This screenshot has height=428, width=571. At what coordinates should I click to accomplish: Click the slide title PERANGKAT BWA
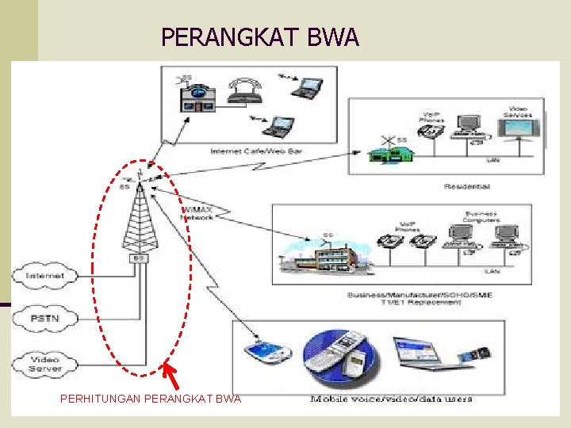(260, 37)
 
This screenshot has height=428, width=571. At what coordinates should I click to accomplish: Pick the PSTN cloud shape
(45, 319)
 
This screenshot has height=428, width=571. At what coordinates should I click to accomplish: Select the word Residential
(467, 186)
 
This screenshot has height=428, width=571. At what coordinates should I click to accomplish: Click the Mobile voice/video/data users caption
(391, 399)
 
